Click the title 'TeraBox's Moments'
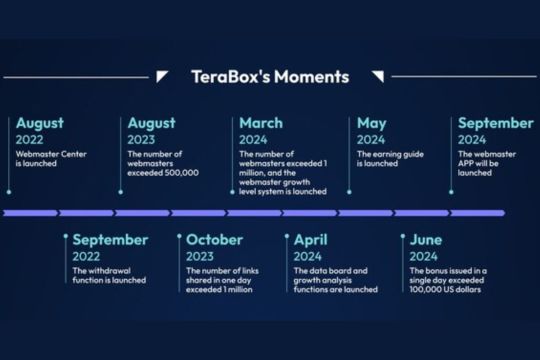click(270, 76)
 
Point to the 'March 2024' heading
click(261, 131)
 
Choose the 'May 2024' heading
click(372, 131)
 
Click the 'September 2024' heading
click(495, 131)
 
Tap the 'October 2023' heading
click(214, 247)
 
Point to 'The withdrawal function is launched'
click(109, 275)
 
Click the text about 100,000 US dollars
click(447, 280)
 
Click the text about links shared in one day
click(226, 280)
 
